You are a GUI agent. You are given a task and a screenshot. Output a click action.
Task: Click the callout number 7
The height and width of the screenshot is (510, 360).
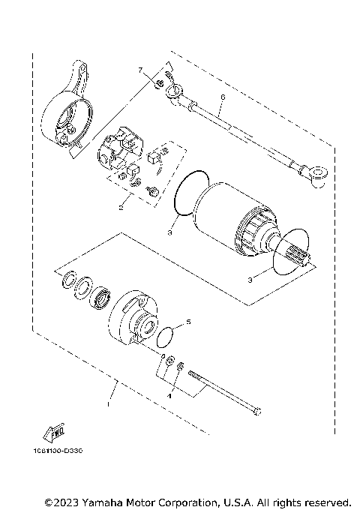[x=139, y=70]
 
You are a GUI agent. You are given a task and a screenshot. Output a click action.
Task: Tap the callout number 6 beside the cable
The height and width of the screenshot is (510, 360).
[x=223, y=97]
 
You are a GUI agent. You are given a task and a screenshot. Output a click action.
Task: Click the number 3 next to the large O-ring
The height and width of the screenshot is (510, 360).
[x=170, y=234]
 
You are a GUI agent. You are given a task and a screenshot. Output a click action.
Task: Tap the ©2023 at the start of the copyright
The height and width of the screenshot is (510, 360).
[x=60, y=501]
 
